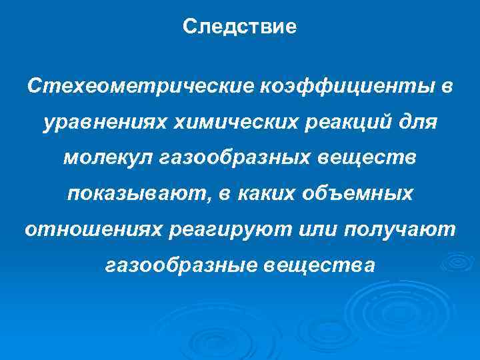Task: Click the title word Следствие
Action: tap(239, 27)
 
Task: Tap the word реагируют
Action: tap(234, 230)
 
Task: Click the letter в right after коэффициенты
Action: tap(445, 86)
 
